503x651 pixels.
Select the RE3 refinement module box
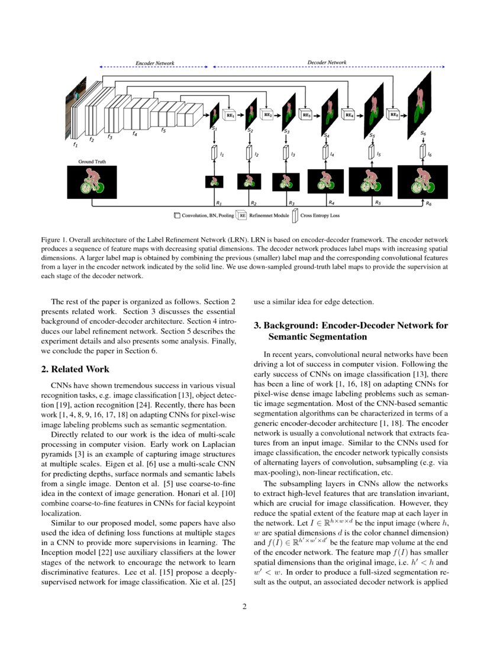click(x=307, y=115)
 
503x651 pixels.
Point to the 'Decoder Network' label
click(x=327, y=62)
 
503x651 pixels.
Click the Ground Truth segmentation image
click(x=92, y=182)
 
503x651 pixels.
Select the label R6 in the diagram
click(x=428, y=203)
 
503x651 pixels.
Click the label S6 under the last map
click(x=423, y=133)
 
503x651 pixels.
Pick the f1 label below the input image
click(x=75, y=144)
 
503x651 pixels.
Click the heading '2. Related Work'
click(x=75, y=369)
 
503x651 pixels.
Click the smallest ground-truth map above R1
click(x=214, y=181)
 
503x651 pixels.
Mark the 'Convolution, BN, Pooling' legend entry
click(x=203, y=216)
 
